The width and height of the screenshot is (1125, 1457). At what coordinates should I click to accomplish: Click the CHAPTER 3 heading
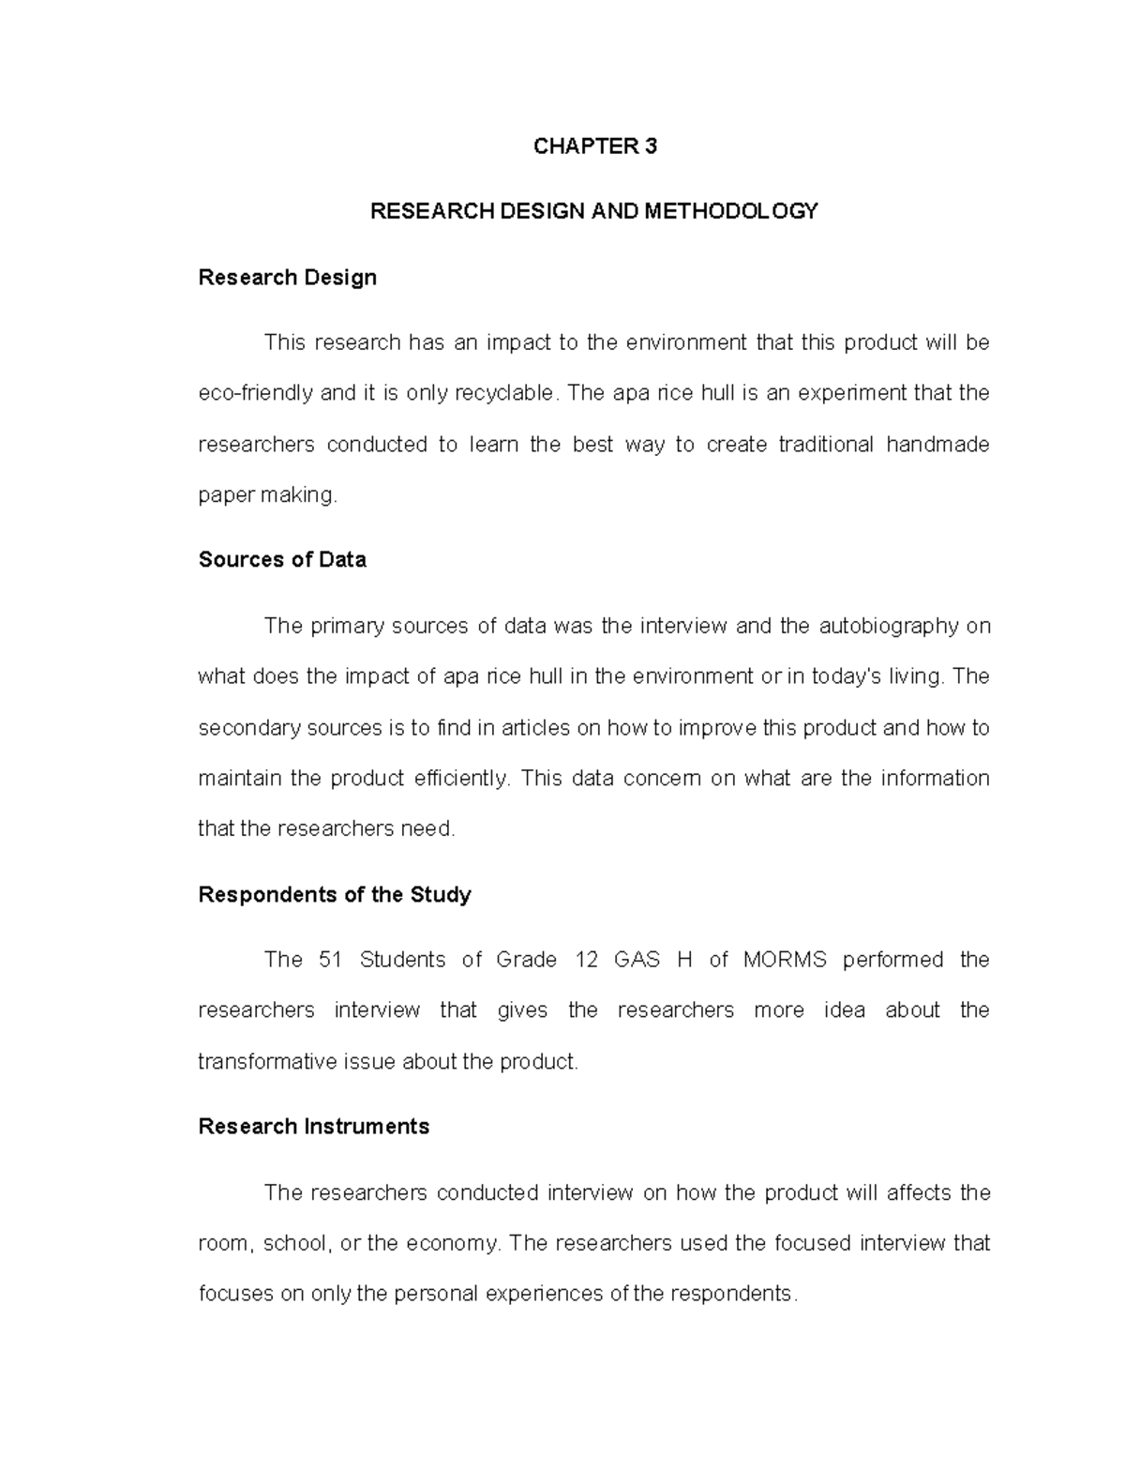(594, 146)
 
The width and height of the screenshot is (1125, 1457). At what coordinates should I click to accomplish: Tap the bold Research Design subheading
(287, 278)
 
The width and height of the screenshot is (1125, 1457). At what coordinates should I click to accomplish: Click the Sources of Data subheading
(282, 560)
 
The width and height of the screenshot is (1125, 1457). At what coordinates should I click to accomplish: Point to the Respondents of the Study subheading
(335, 895)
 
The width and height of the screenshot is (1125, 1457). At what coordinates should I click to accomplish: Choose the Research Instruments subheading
(313, 1127)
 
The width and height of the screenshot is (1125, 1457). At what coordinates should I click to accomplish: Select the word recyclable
(504, 393)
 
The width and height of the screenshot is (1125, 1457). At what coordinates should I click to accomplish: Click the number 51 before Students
(330, 960)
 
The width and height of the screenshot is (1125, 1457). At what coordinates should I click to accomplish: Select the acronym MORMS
(785, 960)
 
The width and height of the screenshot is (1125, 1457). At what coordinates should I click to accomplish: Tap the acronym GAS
(637, 960)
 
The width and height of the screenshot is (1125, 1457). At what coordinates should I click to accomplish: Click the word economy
(454, 1244)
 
